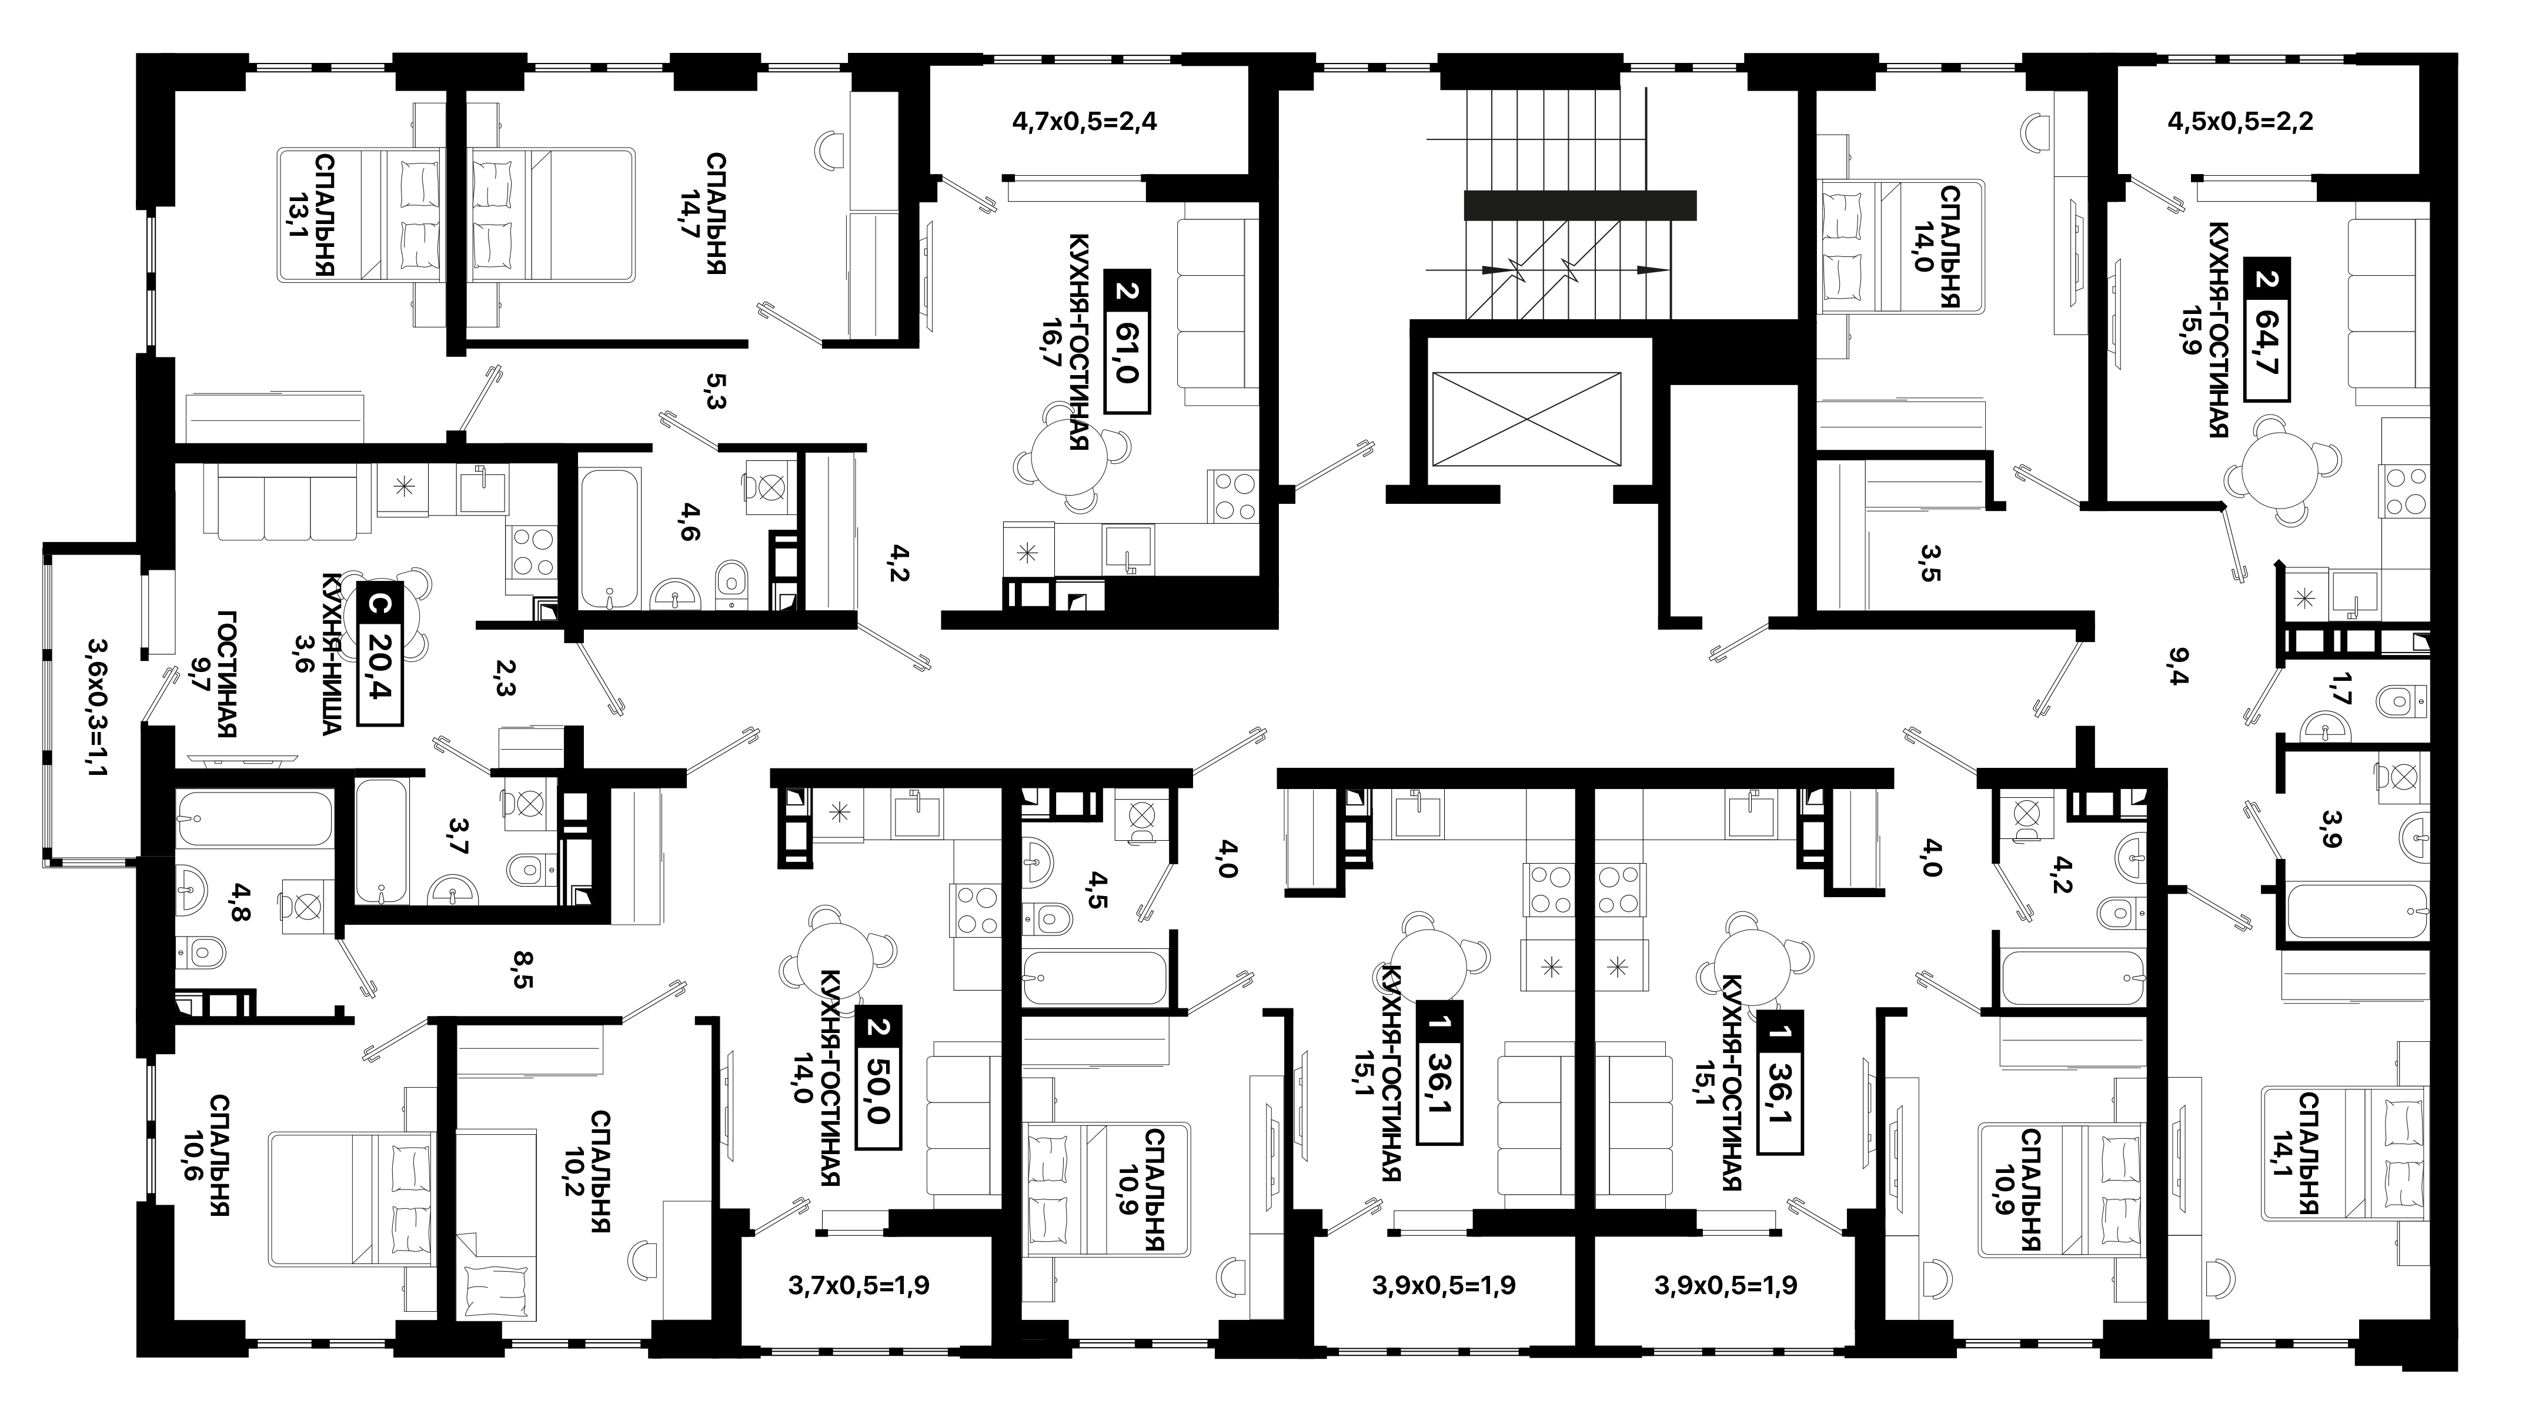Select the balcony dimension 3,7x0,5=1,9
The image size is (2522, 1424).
pyautogui.click(x=859, y=1285)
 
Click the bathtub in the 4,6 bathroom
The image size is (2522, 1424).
pyautogui.click(x=610, y=539)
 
